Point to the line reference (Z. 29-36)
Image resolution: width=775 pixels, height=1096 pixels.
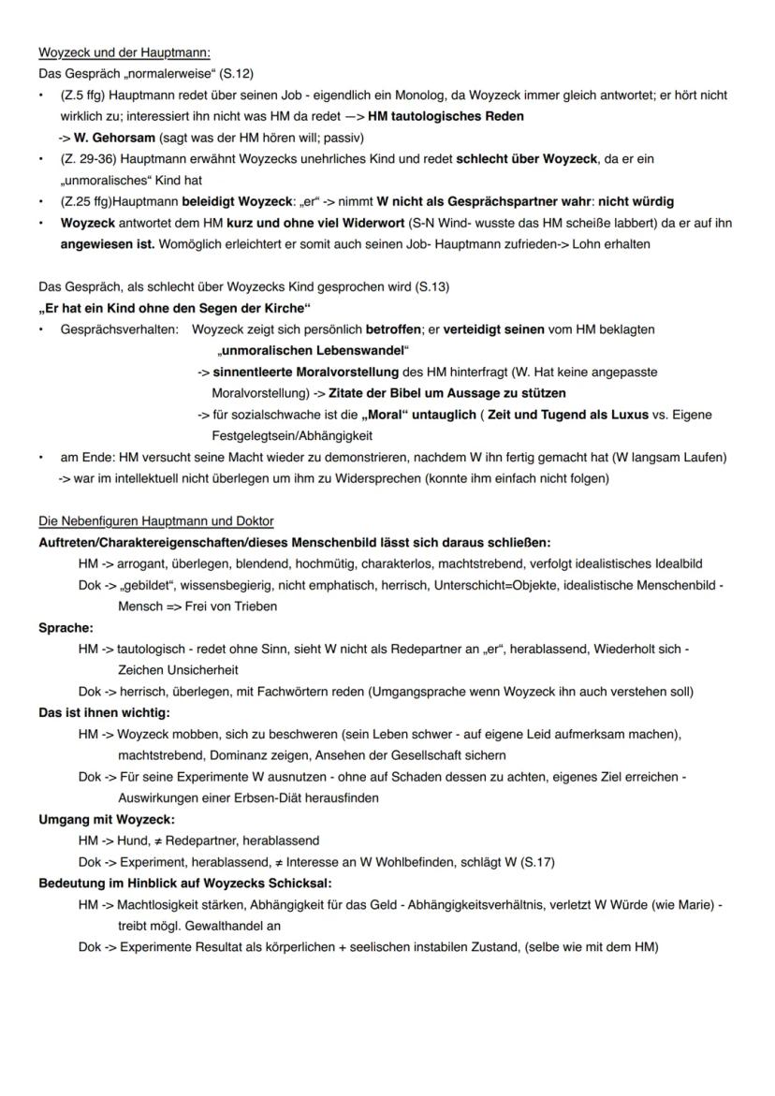92,159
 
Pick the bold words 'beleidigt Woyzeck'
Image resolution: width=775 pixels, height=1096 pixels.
222,201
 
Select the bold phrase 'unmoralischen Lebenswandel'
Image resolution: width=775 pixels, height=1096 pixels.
314,351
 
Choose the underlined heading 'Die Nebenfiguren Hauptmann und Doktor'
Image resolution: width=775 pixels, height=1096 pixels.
155,520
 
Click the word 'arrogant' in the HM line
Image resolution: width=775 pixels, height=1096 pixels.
142,563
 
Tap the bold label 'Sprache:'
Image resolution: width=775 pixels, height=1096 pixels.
66,627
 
